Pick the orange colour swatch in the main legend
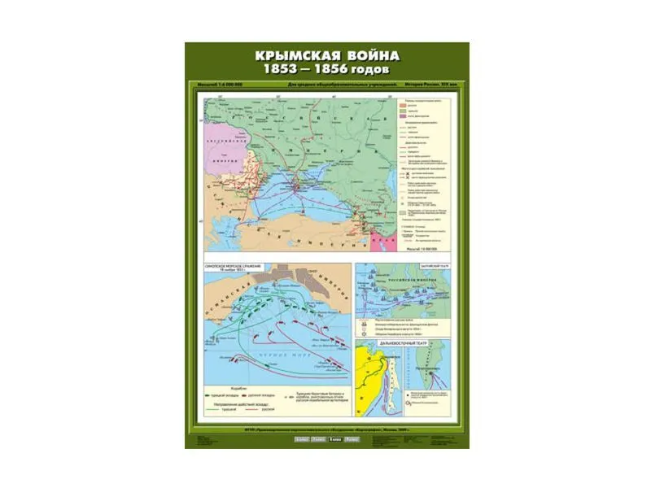(x=401, y=107)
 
